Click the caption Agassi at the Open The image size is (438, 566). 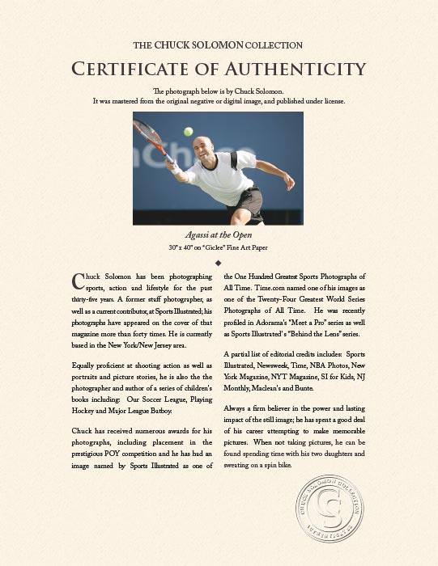click(219, 234)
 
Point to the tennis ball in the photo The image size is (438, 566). click(189, 131)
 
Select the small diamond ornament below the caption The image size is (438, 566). click(219, 263)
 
